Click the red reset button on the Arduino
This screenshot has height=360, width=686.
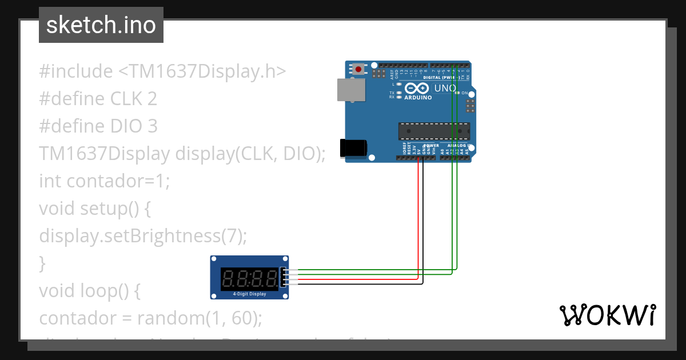tap(358, 69)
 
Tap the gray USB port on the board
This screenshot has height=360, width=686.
tap(350, 90)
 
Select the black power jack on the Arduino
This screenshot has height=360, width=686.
tap(353, 148)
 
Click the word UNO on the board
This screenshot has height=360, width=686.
tap(445, 89)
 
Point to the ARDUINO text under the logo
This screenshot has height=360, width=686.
tap(418, 98)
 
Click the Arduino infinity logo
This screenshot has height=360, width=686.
tap(416, 89)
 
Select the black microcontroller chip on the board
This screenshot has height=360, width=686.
tap(434, 131)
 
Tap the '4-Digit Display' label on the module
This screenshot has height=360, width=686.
tap(249, 294)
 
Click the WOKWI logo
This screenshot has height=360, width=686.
tap(607, 315)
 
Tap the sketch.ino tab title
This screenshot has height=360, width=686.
tap(101, 25)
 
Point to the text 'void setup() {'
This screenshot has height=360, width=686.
tap(94, 209)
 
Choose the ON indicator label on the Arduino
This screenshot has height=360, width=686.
tap(465, 93)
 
